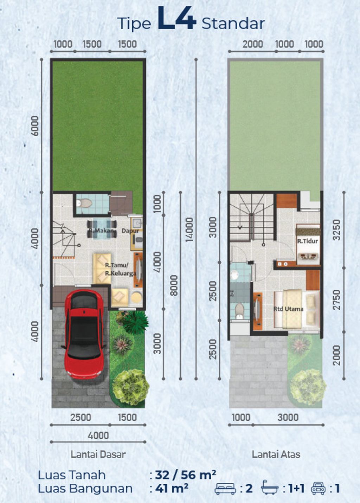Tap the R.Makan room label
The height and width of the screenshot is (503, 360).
pyautogui.click(x=101, y=231)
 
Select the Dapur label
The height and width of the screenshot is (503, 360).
pyautogui.click(x=130, y=231)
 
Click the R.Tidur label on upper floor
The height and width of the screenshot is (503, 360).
pyautogui.click(x=308, y=241)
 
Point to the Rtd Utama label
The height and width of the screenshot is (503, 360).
pyautogui.click(x=288, y=309)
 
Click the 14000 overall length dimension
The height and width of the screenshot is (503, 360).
pyautogui.click(x=189, y=229)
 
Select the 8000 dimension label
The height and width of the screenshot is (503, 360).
pyautogui.click(x=174, y=285)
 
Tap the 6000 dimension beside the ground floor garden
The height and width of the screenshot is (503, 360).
pyautogui.click(x=35, y=125)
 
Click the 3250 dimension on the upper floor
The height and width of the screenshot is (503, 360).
pyautogui.click(x=336, y=230)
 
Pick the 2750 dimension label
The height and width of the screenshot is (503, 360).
pyautogui.click(x=336, y=300)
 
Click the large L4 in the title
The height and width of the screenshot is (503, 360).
pyautogui.click(x=176, y=19)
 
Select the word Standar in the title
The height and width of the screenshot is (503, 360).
pyautogui.click(x=233, y=24)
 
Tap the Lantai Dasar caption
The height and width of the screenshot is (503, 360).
pyautogui.click(x=98, y=454)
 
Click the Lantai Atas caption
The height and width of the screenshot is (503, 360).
pyautogui.click(x=276, y=454)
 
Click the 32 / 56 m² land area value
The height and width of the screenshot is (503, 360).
pyautogui.click(x=186, y=475)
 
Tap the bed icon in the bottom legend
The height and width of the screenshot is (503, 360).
pyautogui.click(x=225, y=489)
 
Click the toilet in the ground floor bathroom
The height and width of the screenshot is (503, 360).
pyautogui.click(x=85, y=203)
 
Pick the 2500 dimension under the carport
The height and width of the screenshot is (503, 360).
pyautogui.click(x=81, y=417)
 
